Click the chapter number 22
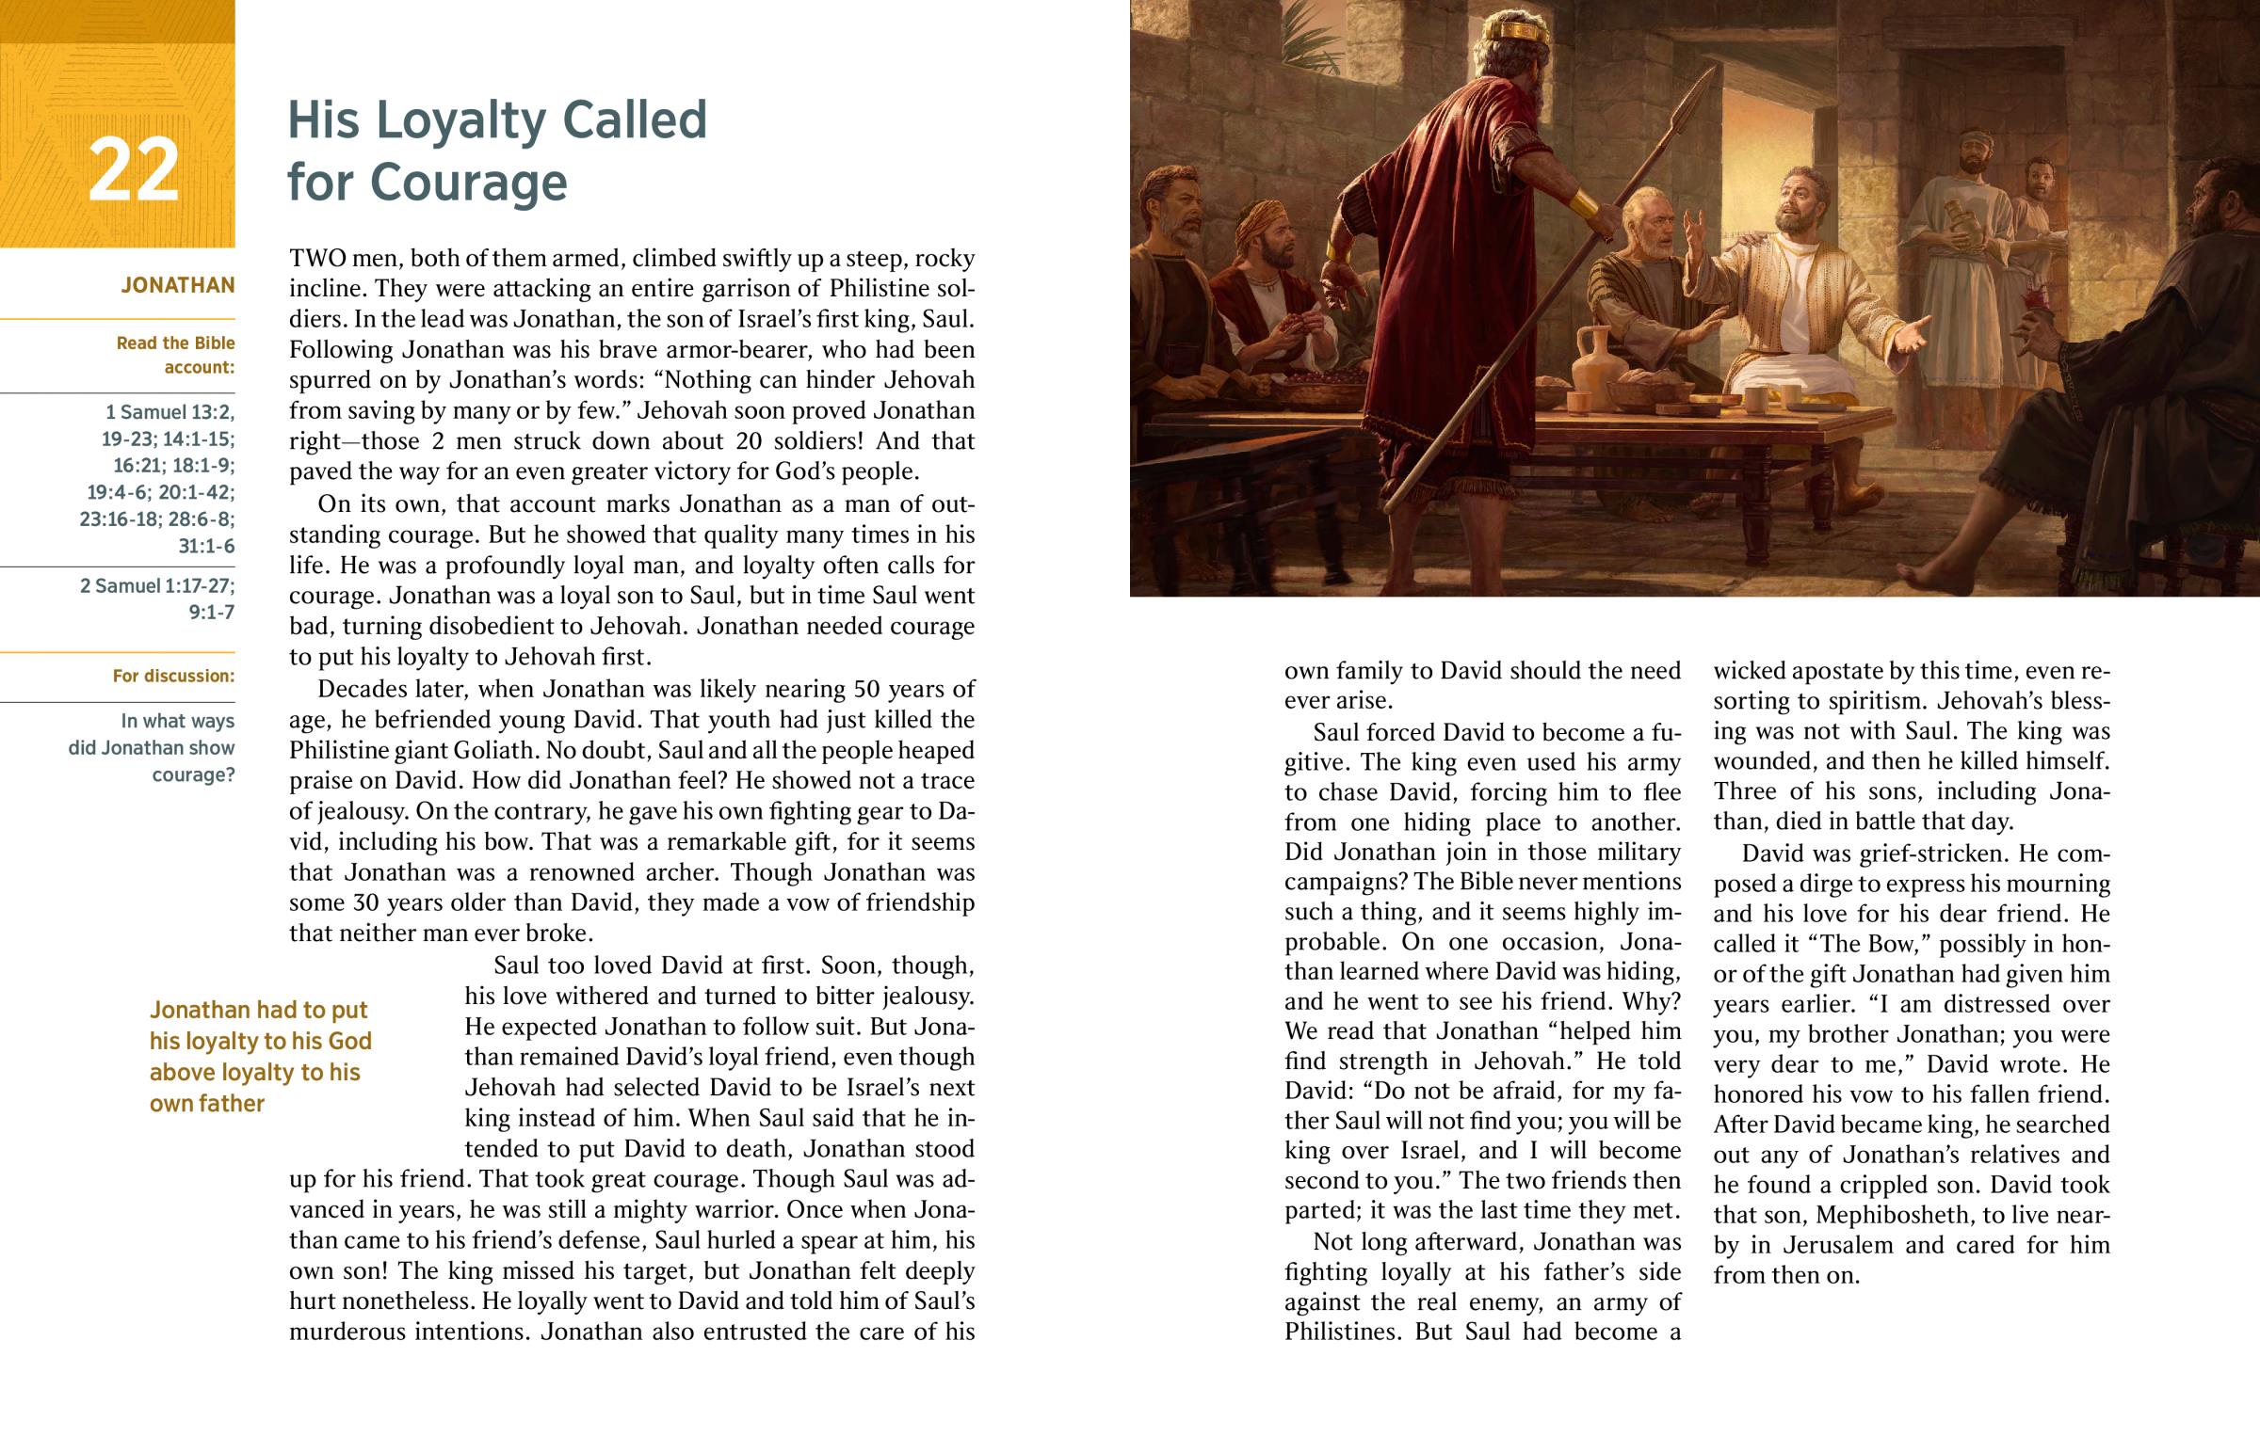[x=133, y=169]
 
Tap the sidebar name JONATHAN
[x=177, y=285]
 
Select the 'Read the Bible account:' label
[x=175, y=355]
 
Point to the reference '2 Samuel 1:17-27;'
[x=157, y=585]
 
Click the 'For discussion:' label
[x=173, y=676]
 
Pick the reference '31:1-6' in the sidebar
[x=206, y=546]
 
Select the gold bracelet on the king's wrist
[x=1584, y=202]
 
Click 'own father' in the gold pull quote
[x=206, y=1103]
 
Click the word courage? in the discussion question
[x=193, y=775]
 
